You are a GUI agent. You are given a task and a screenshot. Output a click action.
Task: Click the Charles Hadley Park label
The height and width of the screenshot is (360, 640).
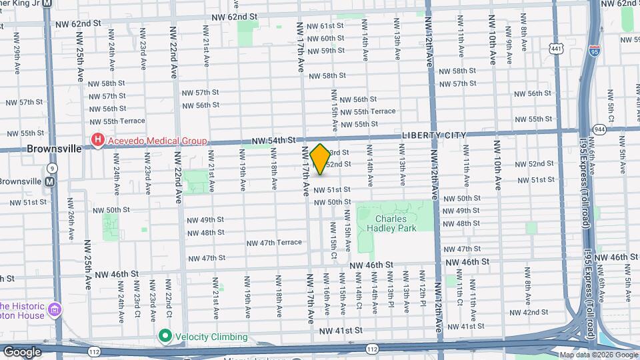(395, 223)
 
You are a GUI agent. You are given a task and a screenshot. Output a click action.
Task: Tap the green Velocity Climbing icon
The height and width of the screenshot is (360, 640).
(165, 336)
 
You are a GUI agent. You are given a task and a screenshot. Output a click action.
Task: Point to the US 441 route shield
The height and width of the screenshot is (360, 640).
(555, 48)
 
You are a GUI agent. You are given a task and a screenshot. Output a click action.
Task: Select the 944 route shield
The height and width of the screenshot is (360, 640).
(599, 129)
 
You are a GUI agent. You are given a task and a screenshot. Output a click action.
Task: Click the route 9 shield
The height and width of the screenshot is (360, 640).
(52, 168)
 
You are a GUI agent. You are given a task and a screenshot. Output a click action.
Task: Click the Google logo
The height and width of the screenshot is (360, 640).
(21, 351)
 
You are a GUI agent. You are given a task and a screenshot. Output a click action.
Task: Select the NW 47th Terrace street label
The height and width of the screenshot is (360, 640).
(274, 243)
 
